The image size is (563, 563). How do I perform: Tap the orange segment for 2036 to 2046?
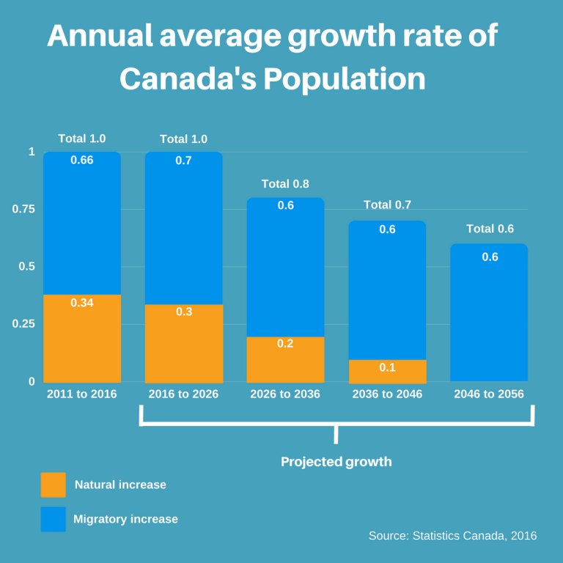click(387, 372)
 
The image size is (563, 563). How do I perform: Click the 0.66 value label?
click(81, 161)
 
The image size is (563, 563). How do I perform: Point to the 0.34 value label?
click(81, 302)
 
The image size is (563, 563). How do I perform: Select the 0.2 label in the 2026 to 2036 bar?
click(285, 343)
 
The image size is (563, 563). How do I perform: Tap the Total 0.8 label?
click(285, 184)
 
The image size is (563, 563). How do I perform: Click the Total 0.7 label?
click(387, 205)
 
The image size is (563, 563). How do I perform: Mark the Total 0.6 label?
click(490, 229)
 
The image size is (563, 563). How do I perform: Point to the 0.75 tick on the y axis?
click(23, 210)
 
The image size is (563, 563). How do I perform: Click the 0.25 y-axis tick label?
click(23, 324)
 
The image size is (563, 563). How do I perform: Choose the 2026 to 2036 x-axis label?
click(285, 394)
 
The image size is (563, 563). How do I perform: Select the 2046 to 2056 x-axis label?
click(489, 394)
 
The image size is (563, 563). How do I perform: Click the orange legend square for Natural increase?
click(53, 485)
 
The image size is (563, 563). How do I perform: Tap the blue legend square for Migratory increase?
click(53, 519)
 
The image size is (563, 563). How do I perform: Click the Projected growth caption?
click(336, 462)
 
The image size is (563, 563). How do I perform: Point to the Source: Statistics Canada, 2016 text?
click(452, 536)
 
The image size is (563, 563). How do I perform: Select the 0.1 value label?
click(387, 367)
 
